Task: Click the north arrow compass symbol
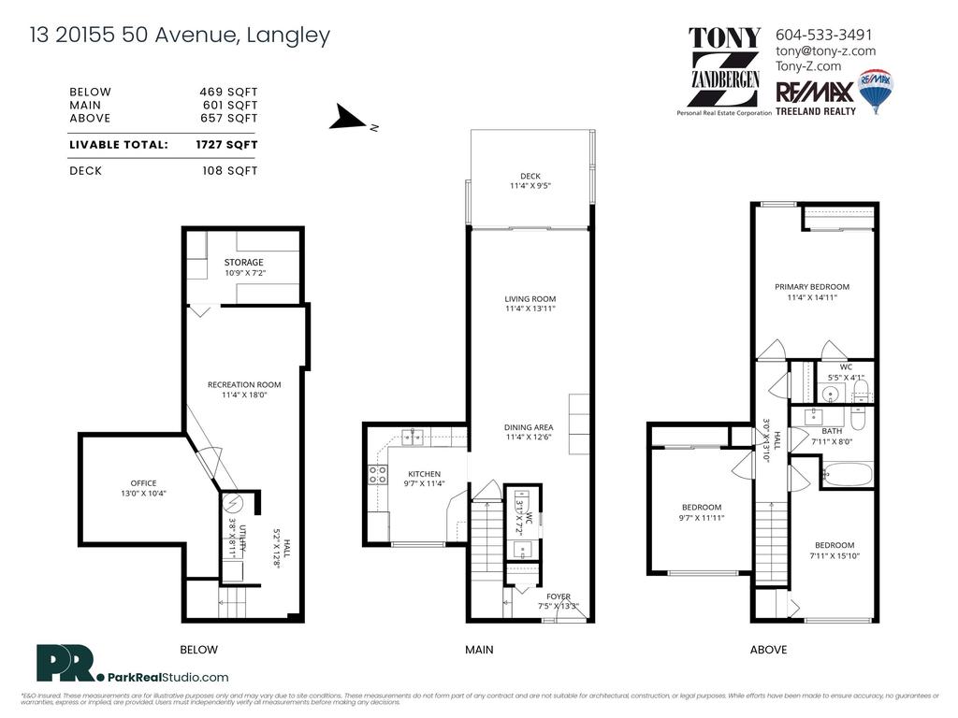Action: [x=350, y=119]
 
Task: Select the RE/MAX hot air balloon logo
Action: [x=877, y=92]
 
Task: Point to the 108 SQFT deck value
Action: [x=229, y=171]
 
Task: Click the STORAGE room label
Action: [x=243, y=263]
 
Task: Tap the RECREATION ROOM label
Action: [x=243, y=384]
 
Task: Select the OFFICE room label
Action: [x=143, y=483]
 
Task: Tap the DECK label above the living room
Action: [x=530, y=176]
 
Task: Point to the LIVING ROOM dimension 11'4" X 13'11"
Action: [x=530, y=309]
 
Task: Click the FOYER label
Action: [x=559, y=596]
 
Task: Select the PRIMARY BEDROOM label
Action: [x=811, y=287]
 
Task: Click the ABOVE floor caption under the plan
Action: [x=768, y=650]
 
